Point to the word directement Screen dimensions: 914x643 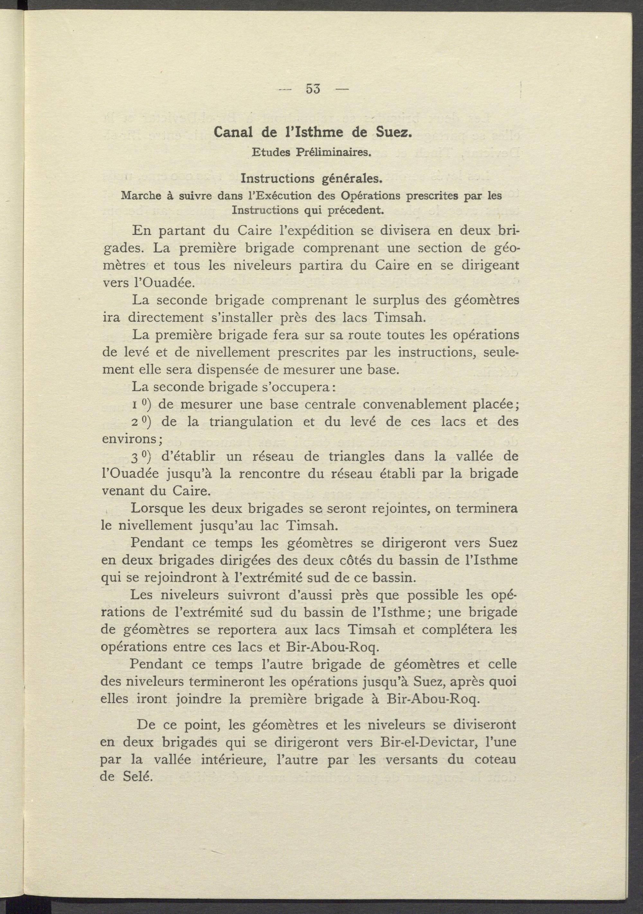tap(164, 318)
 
